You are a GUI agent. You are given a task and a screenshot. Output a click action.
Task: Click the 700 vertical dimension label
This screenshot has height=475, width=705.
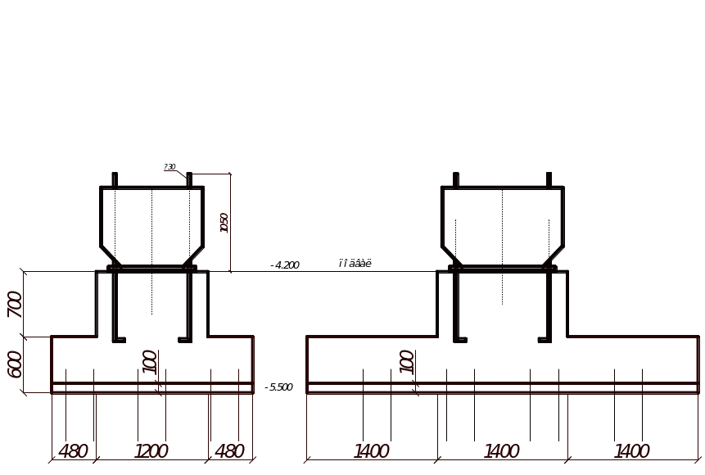tap(14, 305)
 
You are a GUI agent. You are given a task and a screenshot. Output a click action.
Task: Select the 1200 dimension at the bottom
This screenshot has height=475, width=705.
tap(151, 451)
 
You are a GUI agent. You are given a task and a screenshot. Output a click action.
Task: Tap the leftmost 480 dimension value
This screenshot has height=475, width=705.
tap(74, 451)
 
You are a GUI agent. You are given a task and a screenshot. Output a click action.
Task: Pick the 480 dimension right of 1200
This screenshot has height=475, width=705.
tap(229, 451)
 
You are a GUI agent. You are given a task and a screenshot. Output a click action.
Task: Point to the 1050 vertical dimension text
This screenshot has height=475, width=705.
tap(224, 223)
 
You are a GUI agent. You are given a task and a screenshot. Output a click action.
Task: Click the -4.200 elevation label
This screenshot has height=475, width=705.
tap(284, 265)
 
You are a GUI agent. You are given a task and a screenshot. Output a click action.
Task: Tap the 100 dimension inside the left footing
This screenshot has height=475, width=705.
tap(150, 361)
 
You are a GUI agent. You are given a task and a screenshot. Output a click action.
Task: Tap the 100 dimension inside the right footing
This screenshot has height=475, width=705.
tap(406, 361)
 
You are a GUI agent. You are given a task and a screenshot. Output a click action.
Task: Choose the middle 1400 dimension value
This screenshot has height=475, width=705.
tap(502, 451)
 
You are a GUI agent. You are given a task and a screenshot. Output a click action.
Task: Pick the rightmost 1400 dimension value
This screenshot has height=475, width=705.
tap(632, 451)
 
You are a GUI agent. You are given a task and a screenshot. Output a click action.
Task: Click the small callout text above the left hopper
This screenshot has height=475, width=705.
tap(170, 167)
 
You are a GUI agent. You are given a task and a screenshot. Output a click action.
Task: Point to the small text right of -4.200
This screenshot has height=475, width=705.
tap(355, 264)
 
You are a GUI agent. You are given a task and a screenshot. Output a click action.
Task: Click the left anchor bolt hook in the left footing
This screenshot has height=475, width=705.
tap(118, 336)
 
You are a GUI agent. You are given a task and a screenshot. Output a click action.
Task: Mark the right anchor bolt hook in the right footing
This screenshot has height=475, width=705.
tap(545, 336)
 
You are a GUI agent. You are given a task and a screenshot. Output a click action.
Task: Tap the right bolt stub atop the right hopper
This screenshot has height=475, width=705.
tap(549, 179)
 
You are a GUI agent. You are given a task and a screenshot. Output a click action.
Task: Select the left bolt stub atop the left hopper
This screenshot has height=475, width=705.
tap(115, 179)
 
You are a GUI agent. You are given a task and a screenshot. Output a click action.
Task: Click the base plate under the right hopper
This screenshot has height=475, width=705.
tap(503, 268)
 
